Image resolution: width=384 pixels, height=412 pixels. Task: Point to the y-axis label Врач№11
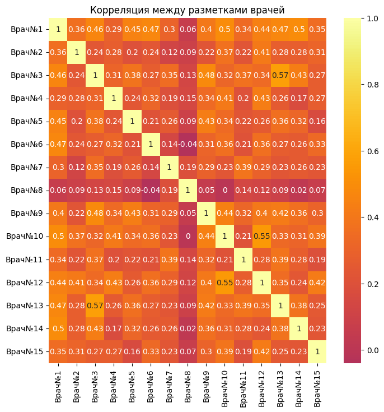[22, 260]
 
